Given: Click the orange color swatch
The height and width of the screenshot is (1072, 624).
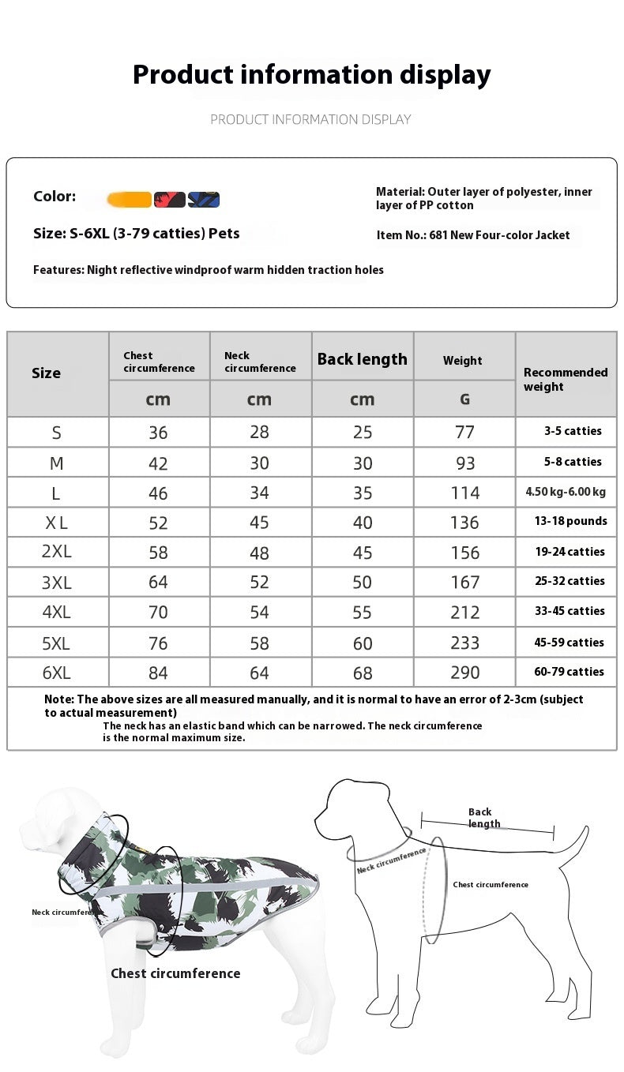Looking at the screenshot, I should (130, 200).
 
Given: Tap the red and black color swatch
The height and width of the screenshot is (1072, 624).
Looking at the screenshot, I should (170, 200).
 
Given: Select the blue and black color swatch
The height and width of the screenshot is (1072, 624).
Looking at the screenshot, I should (204, 200).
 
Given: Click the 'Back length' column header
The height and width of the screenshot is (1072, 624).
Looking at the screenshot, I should (362, 359).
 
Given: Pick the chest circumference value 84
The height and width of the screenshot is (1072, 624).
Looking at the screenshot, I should (158, 673).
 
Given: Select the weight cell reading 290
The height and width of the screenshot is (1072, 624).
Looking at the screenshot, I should (464, 673).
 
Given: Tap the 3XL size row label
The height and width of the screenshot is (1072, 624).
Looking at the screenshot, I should (56, 583).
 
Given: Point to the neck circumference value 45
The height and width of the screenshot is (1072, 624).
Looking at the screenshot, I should (259, 523).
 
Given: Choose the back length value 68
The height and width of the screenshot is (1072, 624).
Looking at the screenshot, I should (362, 673).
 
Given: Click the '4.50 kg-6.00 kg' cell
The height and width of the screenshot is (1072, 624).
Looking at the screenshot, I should (566, 492).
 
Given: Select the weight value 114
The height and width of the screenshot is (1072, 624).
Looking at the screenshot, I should (464, 493).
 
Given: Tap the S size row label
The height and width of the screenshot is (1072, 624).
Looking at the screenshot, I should (56, 433).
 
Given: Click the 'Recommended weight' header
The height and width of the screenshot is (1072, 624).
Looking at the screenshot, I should (566, 379).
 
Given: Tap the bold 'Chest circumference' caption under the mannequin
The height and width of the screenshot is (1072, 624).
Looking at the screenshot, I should (175, 973).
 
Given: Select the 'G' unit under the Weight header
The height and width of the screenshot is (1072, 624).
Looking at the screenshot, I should (464, 399).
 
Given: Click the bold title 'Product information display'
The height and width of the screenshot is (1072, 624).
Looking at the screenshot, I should (311, 75).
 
